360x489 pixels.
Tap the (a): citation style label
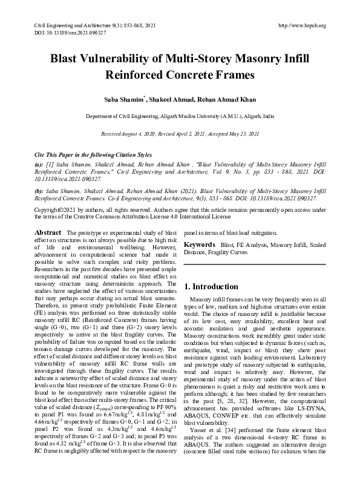coord(39,165)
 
